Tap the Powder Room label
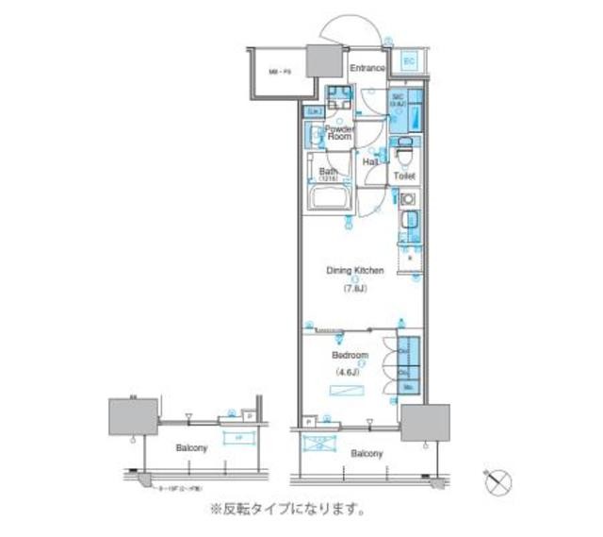click(339, 132)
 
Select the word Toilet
click(405, 176)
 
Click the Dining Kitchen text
click(355, 271)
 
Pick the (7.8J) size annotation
click(355, 290)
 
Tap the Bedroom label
click(350, 356)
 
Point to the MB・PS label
click(279, 71)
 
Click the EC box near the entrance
click(408, 61)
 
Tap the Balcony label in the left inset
click(191, 447)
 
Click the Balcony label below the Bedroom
click(367, 454)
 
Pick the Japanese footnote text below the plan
click(287, 511)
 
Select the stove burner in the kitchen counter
click(407, 200)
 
